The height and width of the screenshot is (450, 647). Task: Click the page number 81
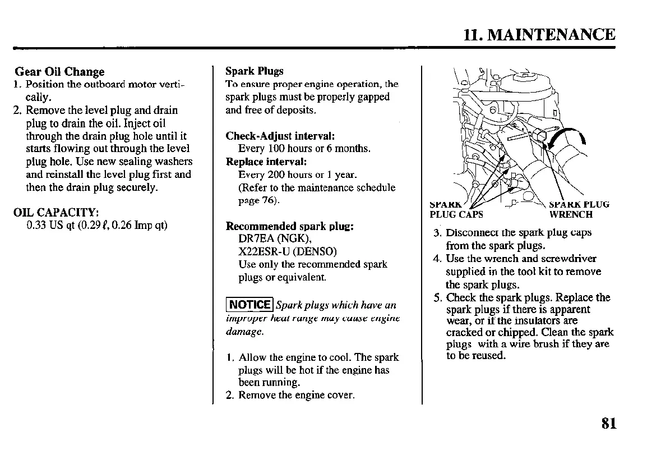[x=608, y=423]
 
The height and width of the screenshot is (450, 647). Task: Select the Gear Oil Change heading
[x=59, y=72]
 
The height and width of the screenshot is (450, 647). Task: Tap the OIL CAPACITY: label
[x=56, y=213]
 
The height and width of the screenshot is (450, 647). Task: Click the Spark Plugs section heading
[x=254, y=71]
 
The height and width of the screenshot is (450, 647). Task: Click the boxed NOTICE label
[x=249, y=305]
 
